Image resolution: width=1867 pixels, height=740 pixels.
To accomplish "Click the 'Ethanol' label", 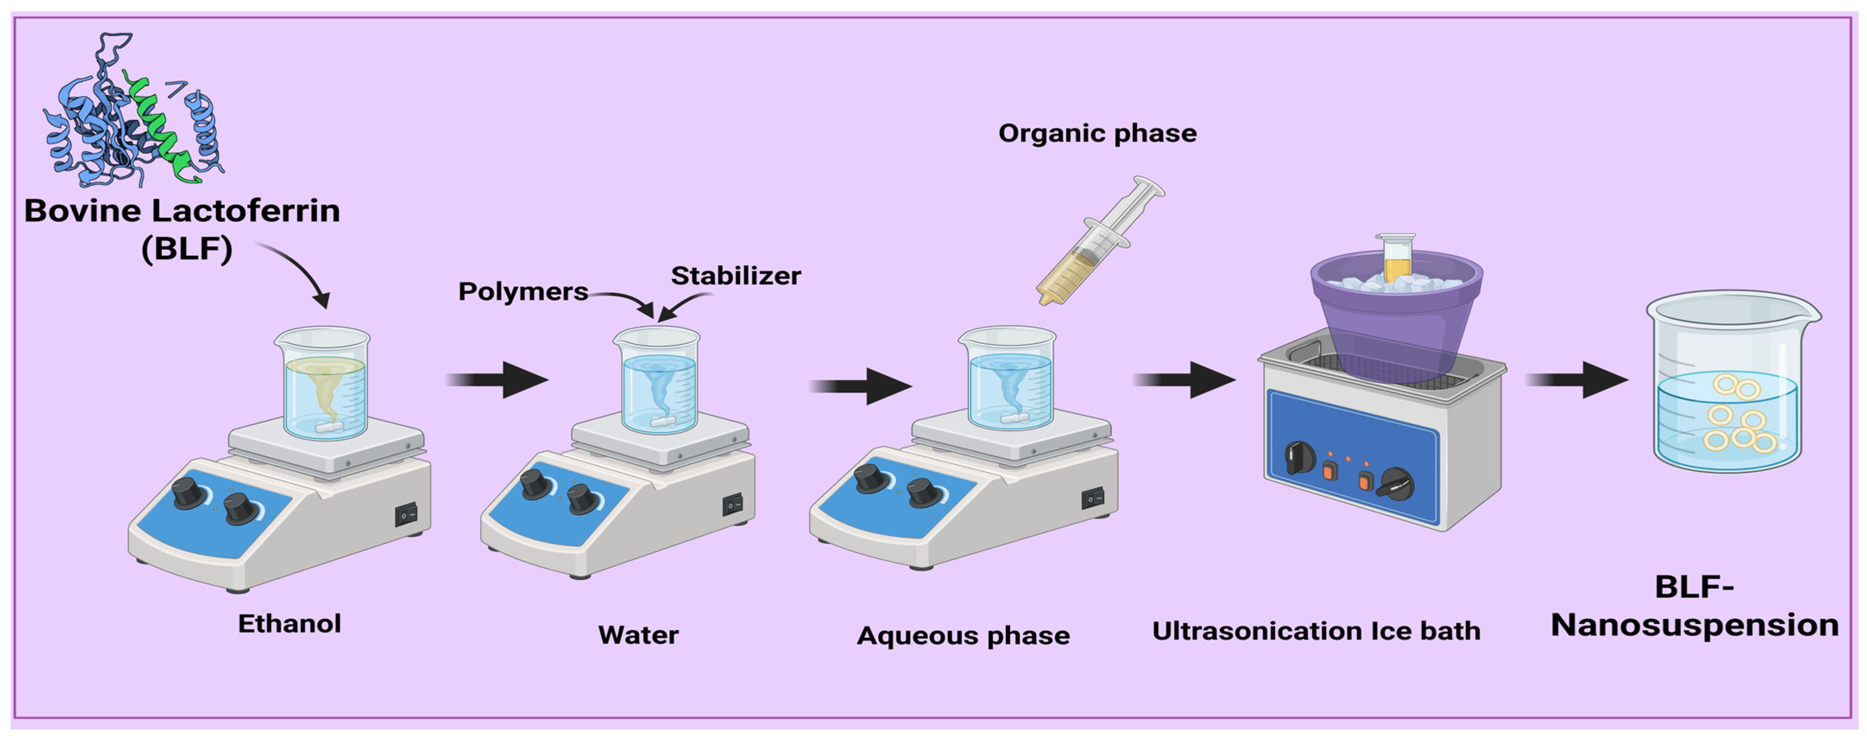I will click(x=289, y=623).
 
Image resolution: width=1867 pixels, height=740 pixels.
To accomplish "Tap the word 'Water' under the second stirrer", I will click(x=638, y=635).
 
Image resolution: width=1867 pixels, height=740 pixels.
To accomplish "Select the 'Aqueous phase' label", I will click(x=963, y=636).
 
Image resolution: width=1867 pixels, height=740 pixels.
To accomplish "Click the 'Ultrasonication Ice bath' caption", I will click(x=1316, y=630).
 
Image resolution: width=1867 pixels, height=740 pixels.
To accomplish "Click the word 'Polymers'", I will click(x=523, y=291).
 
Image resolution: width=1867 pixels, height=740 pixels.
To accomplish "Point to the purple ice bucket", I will click(x=1396, y=319).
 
